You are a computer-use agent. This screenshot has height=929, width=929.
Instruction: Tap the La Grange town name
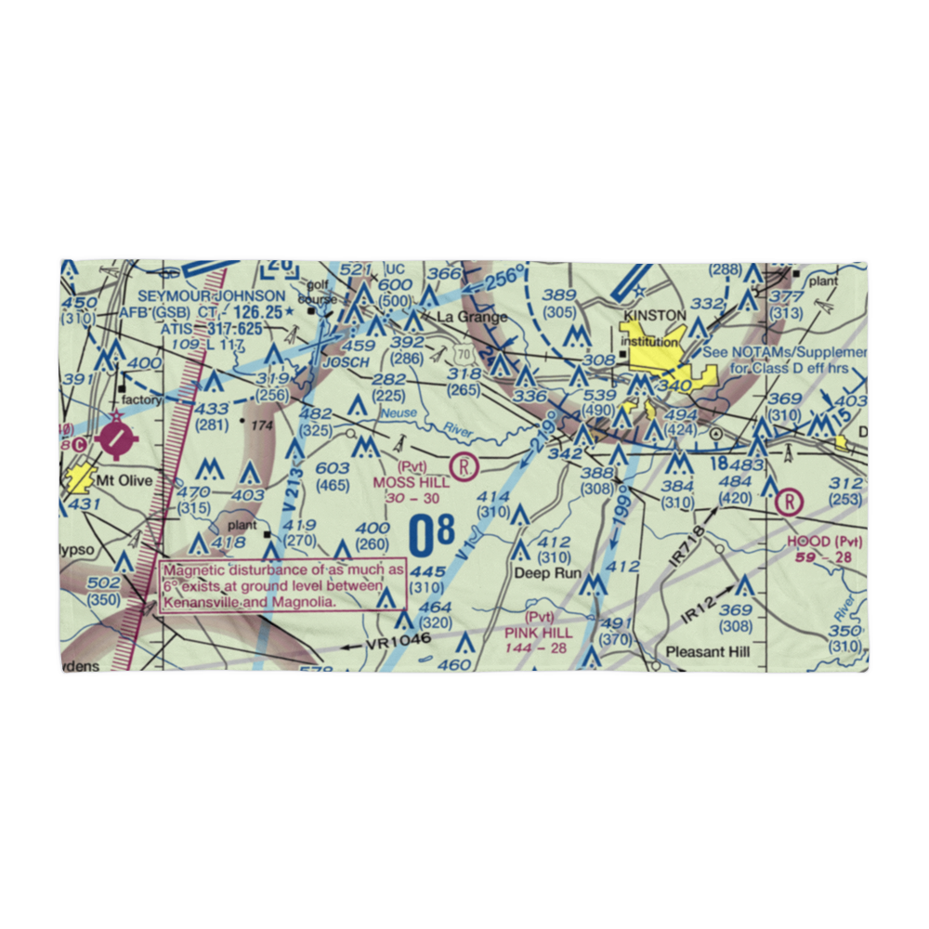(473, 317)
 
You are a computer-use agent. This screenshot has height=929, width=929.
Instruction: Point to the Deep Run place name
(547, 573)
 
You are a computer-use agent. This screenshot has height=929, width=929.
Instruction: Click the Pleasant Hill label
(708, 651)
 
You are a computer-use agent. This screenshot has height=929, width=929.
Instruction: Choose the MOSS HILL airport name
(411, 482)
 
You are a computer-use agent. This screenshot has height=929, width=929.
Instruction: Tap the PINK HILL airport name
(539, 632)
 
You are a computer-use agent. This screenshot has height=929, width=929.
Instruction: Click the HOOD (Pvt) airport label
(824, 542)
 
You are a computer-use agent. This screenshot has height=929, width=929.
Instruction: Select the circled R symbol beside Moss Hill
(463, 464)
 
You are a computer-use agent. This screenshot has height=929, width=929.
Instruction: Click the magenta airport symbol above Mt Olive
(115, 438)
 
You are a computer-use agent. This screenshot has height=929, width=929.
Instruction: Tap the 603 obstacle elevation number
(332, 469)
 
